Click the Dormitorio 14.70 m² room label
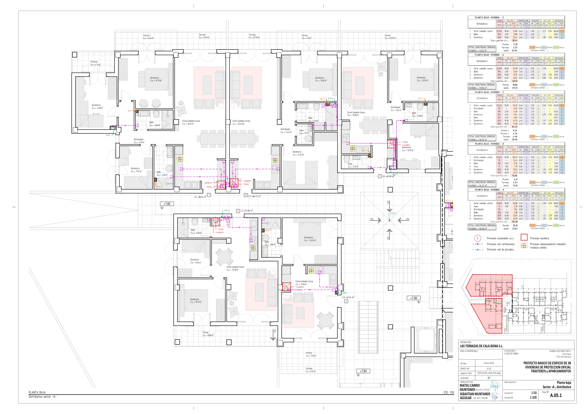(x=155, y=79)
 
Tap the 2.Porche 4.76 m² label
(x=95, y=63)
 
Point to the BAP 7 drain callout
(x=109, y=135)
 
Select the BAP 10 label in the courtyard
(x=393, y=213)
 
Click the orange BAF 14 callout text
(x=421, y=98)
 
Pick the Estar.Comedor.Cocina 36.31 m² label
(x=191, y=122)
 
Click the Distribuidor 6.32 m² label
(x=139, y=141)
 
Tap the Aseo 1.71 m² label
(x=304, y=132)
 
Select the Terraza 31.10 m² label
(x=254, y=36)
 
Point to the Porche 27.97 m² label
(x=390, y=37)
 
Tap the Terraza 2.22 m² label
(x=310, y=370)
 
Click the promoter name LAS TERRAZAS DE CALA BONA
(x=481, y=346)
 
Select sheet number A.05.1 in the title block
(x=556, y=395)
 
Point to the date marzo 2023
(x=489, y=363)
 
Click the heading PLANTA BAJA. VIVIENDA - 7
(x=489, y=92)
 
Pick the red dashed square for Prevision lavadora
(x=524, y=238)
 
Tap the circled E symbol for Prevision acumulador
(x=478, y=238)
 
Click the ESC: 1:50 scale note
(x=449, y=393)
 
